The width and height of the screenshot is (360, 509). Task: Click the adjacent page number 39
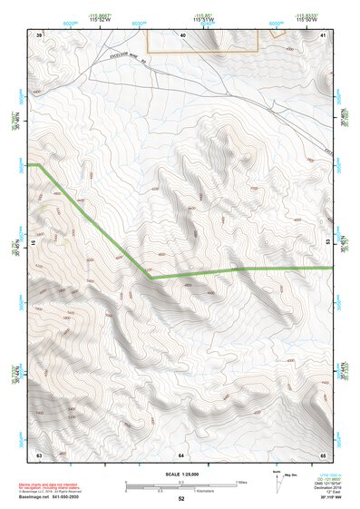click(x=39, y=34)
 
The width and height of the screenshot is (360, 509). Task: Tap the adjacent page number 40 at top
click(x=181, y=34)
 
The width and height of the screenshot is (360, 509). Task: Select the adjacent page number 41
click(x=324, y=34)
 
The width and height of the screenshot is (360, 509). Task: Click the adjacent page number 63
click(x=39, y=454)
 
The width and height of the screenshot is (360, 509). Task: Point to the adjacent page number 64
click(x=181, y=454)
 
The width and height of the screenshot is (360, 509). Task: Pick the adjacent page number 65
click(x=324, y=454)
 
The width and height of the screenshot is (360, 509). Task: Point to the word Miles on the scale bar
click(x=241, y=482)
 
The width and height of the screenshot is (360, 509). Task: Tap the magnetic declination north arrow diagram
click(x=275, y=476)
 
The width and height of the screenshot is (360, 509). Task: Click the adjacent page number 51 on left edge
click(x=33, y=243)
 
